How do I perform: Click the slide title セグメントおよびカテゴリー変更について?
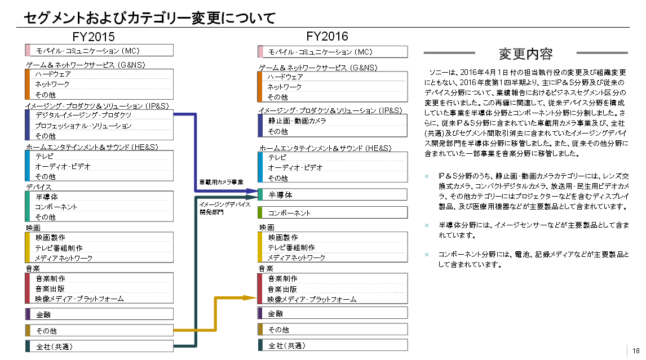[149, 18]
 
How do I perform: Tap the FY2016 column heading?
[328, 36]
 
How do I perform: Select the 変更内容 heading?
[526, 54]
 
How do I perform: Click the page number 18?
[636, 350]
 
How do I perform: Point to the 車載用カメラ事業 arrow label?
[221, 183]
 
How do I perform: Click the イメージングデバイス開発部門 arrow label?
[225, 208]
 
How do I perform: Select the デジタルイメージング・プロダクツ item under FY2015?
[83, 115]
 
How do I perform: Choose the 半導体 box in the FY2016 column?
[333, 194]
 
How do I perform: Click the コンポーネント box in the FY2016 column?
[333, 213]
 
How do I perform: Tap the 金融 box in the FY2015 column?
[99, 314]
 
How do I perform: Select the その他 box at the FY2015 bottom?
[99, 331]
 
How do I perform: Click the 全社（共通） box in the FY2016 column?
[333, 345]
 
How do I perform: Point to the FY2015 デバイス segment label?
[38, 187]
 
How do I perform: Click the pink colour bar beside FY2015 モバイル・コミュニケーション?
[27, 50]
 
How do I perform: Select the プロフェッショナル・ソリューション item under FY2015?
[83, 126]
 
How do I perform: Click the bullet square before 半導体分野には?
[427, 225]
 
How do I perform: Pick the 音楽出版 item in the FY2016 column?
[282, 289]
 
